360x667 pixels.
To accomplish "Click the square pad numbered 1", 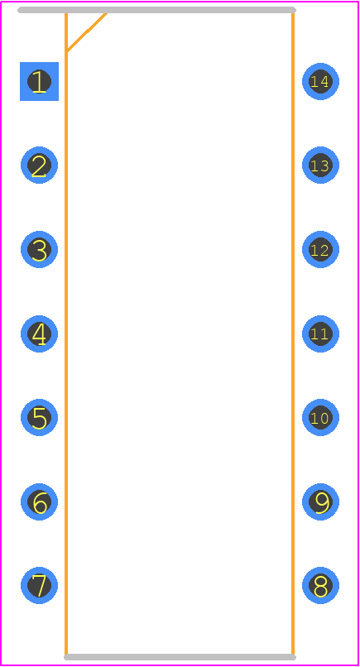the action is point(39,81).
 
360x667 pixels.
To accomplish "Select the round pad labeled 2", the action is point(39,165).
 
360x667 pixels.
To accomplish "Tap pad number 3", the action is point(39,249).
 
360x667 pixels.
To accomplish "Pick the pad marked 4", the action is point(39,333).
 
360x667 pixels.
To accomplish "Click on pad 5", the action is point(39,417).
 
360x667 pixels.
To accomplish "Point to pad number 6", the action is point(39,501).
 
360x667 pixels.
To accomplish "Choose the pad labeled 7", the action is point(39,585).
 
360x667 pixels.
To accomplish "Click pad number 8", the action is point(320,585).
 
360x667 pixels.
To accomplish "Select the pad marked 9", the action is point(320,501).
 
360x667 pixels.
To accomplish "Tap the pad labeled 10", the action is point(320,417).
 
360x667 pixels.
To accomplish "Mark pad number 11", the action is point(320,333).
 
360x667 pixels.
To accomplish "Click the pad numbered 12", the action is point(320,249).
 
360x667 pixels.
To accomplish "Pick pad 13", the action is point(320,165).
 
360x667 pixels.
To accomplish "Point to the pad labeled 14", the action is point(320,81).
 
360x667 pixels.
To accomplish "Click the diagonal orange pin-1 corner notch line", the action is point(87,32).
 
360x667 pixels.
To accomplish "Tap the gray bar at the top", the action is point(156,10).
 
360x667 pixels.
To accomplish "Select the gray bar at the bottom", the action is point(180,657).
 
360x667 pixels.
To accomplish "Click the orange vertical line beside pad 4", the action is point(66,334).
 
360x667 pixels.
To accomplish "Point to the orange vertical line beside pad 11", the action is point(293,334).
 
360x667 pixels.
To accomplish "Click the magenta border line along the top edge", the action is point(180,2).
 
